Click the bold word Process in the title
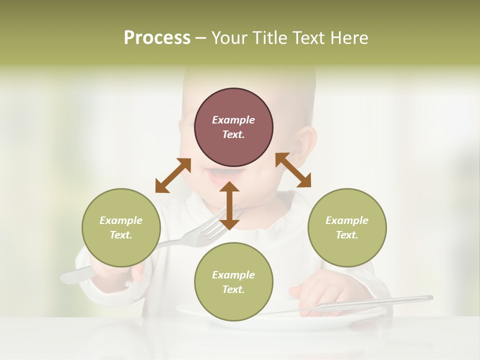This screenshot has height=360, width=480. pyautogui.click(x=157, y=38)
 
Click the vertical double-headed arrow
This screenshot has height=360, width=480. pyautogui.click(x=229, y=205)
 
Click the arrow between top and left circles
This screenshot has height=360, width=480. pyautogui.click(x=173, y=175)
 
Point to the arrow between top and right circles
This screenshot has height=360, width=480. pyautogui.click(x=293, y=170)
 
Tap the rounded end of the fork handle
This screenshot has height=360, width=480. pyautogui.click(x=70, y=276)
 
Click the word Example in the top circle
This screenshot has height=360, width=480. pyautogui.click(x=233, y=120)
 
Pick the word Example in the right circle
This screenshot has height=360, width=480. pyautogui.click(x=347, y=220)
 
